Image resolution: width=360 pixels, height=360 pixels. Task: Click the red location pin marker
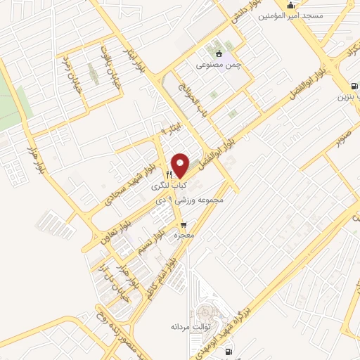tap(181, 165)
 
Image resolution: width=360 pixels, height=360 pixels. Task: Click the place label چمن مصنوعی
tap(223, 65)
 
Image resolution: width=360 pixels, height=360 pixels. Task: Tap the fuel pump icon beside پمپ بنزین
tap(352, 87)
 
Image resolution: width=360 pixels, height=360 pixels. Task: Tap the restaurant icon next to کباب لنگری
tap(169, 174)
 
